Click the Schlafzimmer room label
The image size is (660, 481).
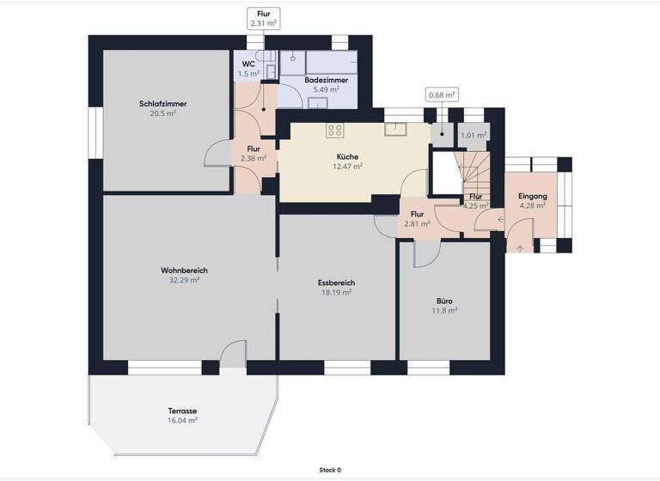click(x=163, y=104)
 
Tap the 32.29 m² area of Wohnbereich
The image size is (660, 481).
click(x=184, y=280)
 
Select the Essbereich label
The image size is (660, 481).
click(x=336, y=283)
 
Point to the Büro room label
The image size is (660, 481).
click(x=444, y=301)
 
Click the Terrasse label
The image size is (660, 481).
click(x=183, y=411)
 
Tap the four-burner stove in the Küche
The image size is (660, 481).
click(x=335, y=131)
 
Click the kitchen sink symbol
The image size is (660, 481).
click(x=395, y=130)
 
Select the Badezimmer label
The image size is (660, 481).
click(x=326, y=80)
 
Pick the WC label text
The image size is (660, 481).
click(x=248, y=64)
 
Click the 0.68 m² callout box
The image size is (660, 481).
click(x=442, y=94)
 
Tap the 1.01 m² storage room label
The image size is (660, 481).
click(x=474, y=135)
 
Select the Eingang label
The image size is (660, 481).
click(x=532, y=197)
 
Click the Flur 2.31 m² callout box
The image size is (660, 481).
click(x=263, y=18)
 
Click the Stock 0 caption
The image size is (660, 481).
click(x=330, y=470)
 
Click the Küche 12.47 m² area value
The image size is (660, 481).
click(x=347, y=166)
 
